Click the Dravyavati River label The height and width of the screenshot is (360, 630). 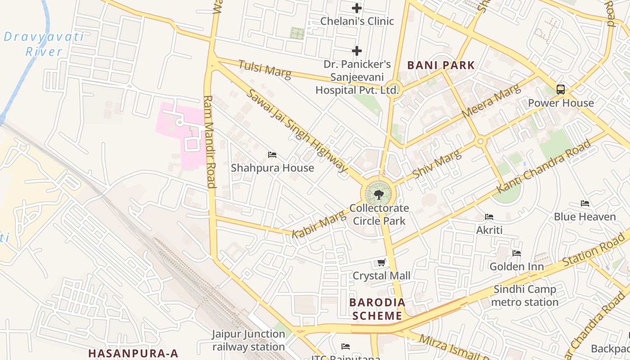pyautogui.click(x=44, y=44)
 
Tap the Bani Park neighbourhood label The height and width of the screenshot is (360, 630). pyautogui.click(x=441, y=65)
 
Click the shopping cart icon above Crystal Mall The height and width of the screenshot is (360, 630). pyautogui.click(x=382, y=262)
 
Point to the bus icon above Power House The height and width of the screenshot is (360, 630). pyautogui.click(x=561, y=89)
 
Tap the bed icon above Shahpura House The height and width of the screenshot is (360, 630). pyautogui.click(x=272, y=155)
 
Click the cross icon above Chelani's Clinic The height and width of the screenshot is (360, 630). pyautogui.click(x=357, y=8)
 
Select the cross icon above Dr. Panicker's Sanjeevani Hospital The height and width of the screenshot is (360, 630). pyautogui.click(x=357, y=51)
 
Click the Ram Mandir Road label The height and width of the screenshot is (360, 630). pyautogui.click(x=210, y=141)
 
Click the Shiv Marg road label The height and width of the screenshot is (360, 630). pyautogui.click(x=437, y=164)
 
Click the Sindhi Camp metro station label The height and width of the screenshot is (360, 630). pyautogui.click(x=525, y=296)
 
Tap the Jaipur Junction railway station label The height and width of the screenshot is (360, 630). pyautogui.click(x=249, y=340)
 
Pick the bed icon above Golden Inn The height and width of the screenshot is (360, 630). pyautogui.click(x=517, y=253)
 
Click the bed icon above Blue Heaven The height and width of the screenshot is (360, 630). pyautogui.click(x=585, y=203)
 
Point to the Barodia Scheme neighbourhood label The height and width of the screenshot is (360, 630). pyautogui.click(x=377, y=309)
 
